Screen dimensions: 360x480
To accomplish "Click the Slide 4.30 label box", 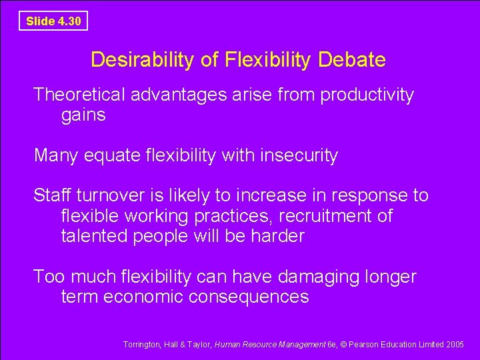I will pos(53,21).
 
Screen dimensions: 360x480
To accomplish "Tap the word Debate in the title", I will pos(352,60).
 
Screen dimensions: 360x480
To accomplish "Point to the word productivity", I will pos(367,95).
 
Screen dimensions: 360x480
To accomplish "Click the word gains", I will pos(83,115).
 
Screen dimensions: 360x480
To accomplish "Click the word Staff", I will pos(53,196).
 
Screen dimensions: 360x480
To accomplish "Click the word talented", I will pos(94,236).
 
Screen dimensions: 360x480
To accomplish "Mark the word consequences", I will pos(249,297).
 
